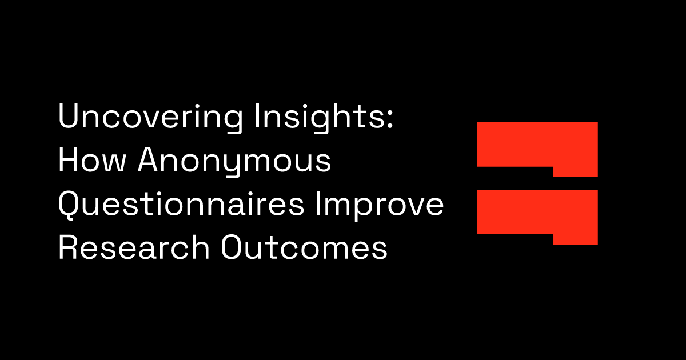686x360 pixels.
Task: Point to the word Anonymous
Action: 234,162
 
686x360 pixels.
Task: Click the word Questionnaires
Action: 181,206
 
